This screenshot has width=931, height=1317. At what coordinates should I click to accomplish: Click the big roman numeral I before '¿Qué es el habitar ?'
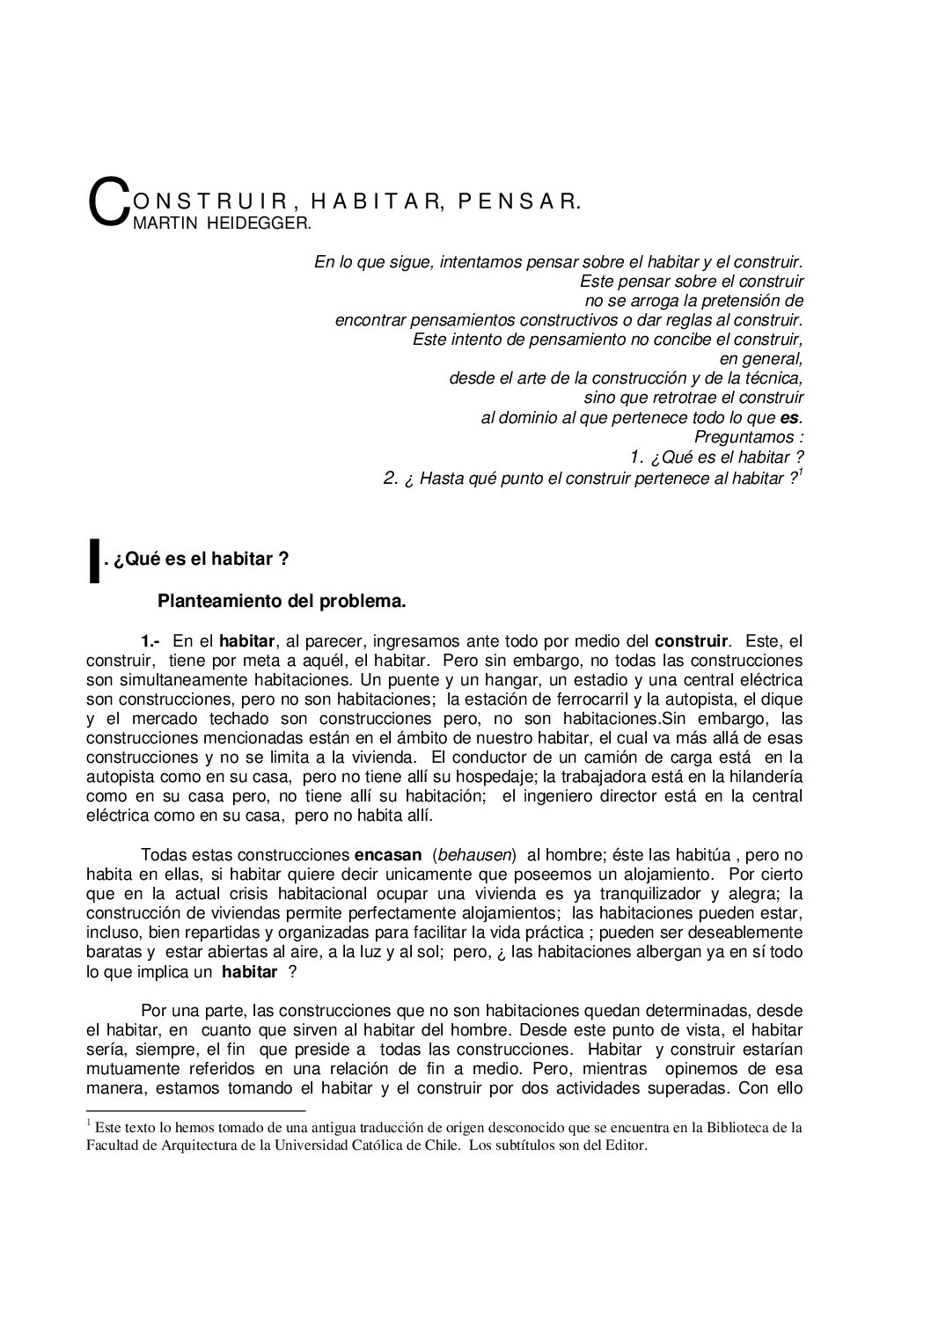93,563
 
